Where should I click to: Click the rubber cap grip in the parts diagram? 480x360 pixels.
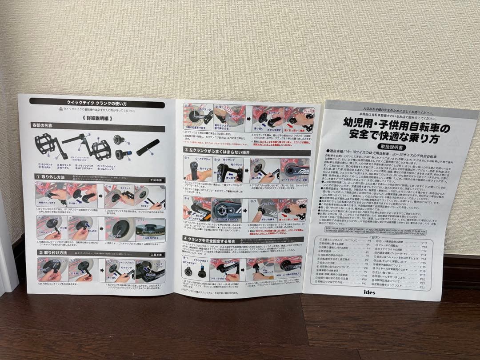point(148,147)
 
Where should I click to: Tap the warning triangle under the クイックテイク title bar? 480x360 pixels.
point(60,109)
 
